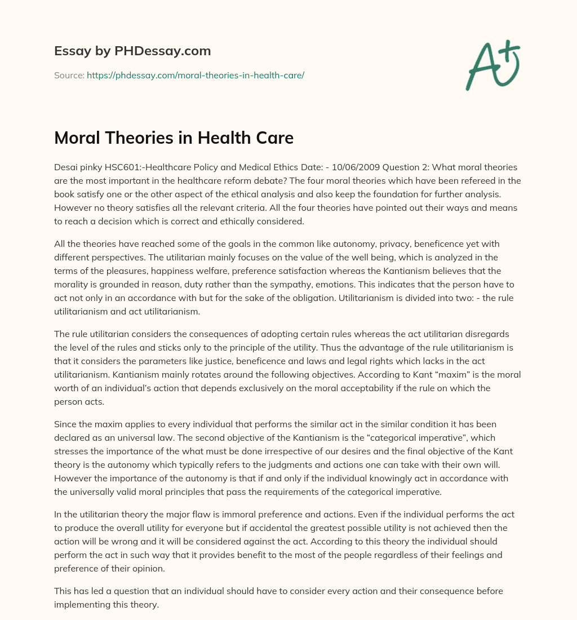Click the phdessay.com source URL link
196,75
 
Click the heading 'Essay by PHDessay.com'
132,51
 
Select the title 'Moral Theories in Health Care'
174,138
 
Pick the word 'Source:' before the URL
69,75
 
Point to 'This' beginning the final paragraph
64,591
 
